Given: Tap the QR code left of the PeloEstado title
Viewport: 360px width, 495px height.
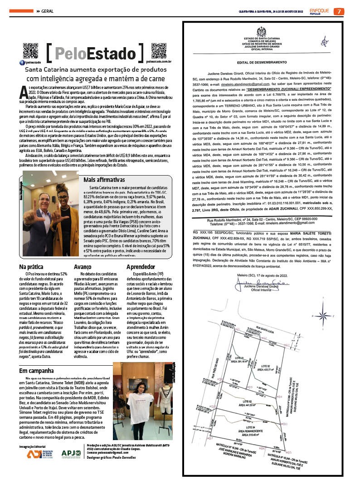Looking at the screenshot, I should pyautogui.click(x=30, y=51).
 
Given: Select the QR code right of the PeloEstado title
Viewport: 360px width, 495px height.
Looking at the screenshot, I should pyautogui.click(x=158, y=51).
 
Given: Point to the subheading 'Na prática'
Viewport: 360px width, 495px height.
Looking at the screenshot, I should pyautogui.click(x=31, y=267).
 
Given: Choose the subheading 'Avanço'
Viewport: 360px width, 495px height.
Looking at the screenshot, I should pyautogui.click(x=83, y=267).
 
